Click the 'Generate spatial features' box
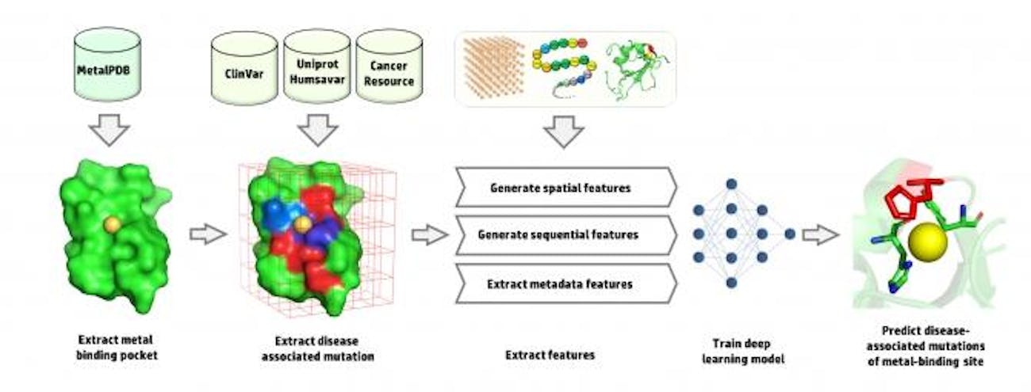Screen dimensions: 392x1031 point(565,188)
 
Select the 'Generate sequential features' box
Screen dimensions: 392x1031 point(565,235)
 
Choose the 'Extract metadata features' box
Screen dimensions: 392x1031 point(565,283)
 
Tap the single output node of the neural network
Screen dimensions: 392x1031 point(790,234)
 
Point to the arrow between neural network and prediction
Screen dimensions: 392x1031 point(820,234)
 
